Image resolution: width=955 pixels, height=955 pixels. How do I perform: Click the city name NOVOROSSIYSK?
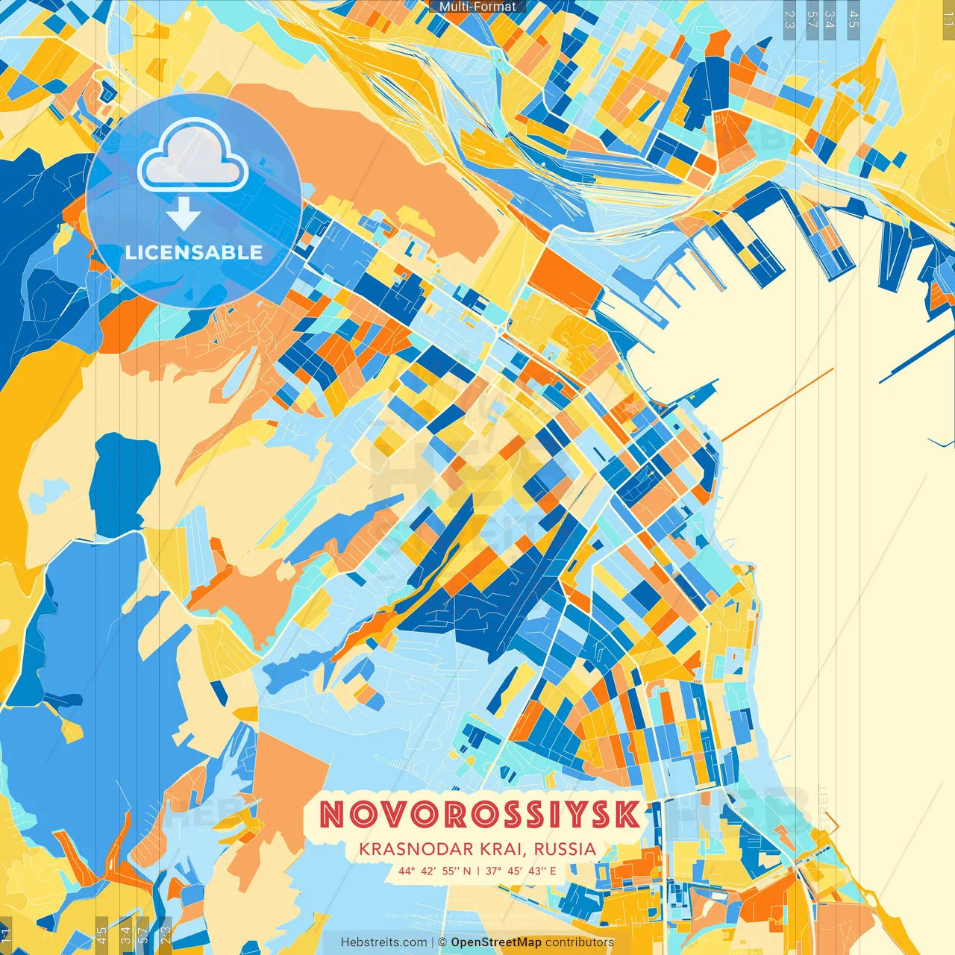(x=480, y=815)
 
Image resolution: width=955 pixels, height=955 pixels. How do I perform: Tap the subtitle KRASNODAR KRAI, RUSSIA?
(x=477, y=849)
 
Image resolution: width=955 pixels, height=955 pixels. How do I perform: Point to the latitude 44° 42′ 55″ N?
(x=435, y=870)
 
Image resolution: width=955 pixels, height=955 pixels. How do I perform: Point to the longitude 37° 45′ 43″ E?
(x=521, y=870)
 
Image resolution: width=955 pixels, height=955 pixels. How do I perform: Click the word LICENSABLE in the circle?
(x=194, y=252)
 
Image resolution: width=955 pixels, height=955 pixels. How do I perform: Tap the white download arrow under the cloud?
(x=183, y=216)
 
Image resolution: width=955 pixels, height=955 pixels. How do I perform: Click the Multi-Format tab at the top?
(x=477, y=7)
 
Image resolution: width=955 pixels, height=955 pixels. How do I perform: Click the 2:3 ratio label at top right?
(x=789, y=19)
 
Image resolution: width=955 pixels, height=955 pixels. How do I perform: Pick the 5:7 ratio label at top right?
(x=812, y=19)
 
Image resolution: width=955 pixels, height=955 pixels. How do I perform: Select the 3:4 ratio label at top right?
(x=830, y=19)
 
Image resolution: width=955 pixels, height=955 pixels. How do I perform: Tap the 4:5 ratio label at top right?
(x=853, y=19)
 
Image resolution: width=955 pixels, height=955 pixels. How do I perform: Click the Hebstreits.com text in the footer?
(x=384, y=942)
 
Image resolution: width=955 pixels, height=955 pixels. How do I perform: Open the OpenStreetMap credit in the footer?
(x=495, y=942)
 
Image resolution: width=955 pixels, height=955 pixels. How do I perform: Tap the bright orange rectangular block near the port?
(x=565, y=282)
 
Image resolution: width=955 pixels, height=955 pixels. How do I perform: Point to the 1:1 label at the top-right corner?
(x=948, y=19)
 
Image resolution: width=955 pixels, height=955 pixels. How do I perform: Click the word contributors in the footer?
(x=580, y=942)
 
